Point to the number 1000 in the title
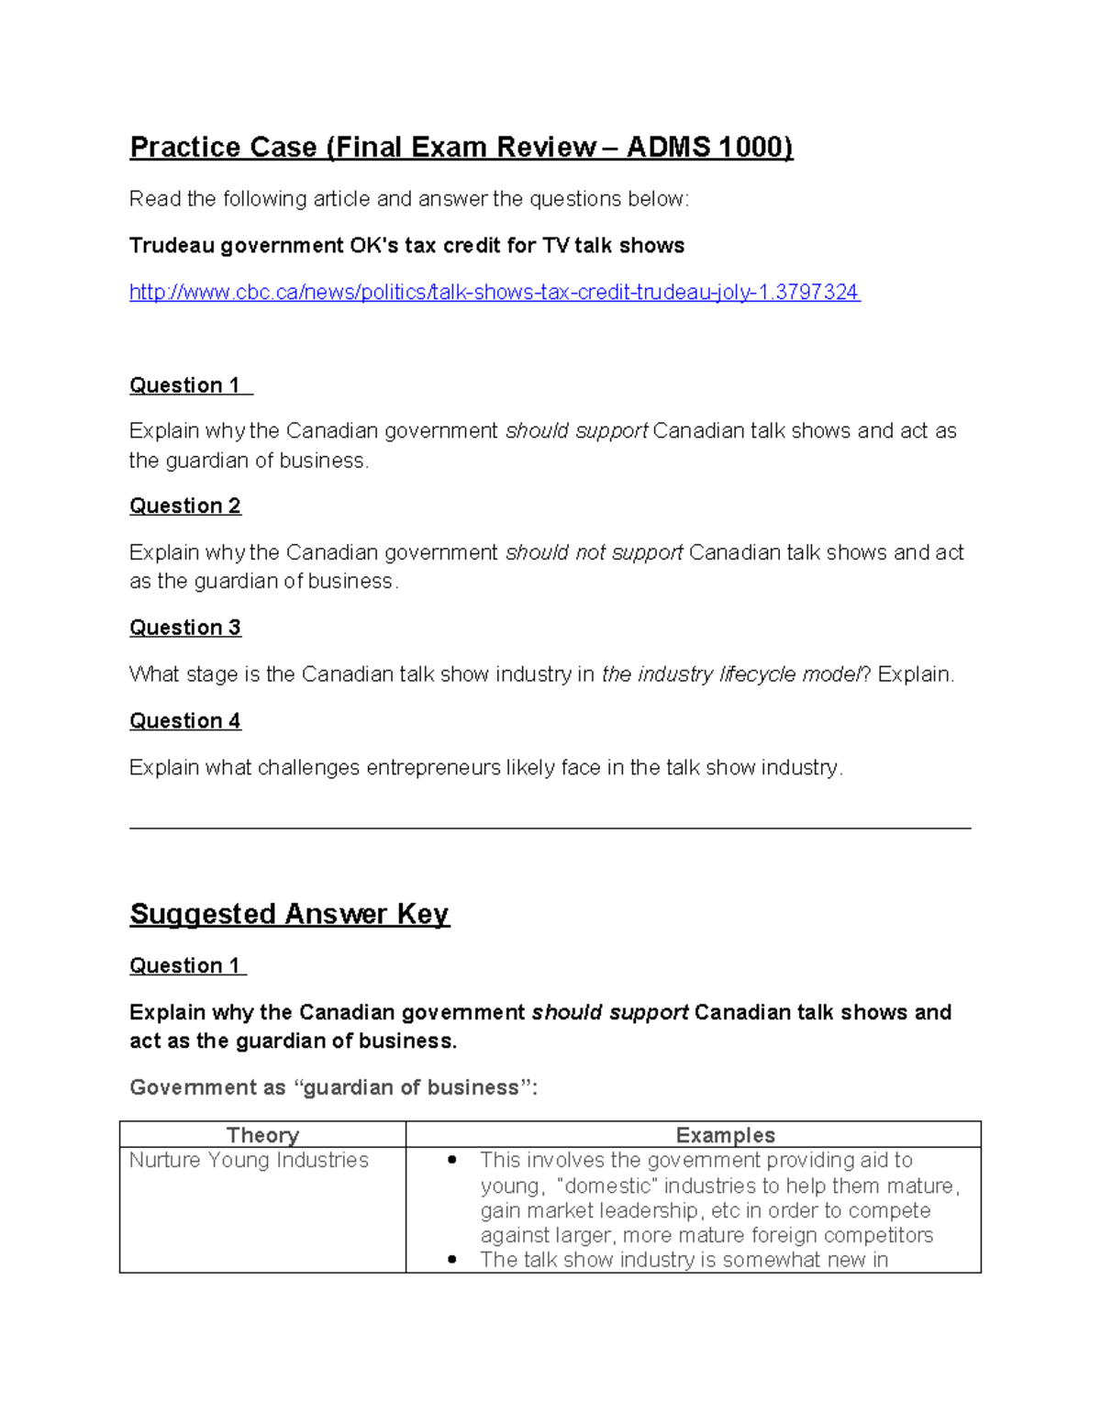tap(751, 148)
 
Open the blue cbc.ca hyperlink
tap(494, 293)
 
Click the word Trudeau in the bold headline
tap(171, 246)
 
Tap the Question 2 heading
tap(185, 507)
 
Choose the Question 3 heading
tap(185, 628)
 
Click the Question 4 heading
tap(185, 721)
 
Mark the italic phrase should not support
tap(594, 552)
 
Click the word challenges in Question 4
tap(308, 768)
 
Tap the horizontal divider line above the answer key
tap(550, 828)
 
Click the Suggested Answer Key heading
tap(289, 914)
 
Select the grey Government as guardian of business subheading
tap(333, 1088)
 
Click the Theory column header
tap(262, 1135)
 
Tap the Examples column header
tap(725, 1135)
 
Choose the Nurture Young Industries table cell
tap(249, 1161)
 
